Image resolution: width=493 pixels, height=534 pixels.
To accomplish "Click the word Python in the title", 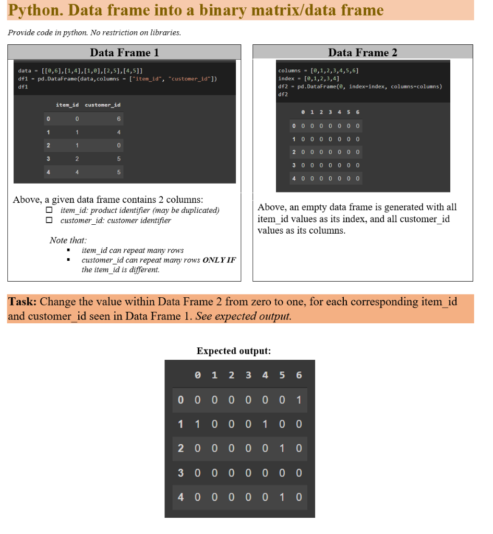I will click(32, 10).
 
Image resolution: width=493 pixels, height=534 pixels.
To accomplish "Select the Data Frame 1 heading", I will click(124, 52).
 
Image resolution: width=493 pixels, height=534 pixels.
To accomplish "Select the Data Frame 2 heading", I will click(363, 52).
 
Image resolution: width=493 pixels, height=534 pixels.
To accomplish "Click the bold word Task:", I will click(22, 302).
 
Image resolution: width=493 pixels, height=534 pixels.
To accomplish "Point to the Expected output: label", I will click(234, 351).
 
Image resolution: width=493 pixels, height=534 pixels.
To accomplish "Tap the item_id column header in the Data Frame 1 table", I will click(67, 105).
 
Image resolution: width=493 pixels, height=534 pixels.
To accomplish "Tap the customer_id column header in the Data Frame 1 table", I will click(103, 105).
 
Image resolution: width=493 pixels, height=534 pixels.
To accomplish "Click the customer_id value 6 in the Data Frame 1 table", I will click(119, 119).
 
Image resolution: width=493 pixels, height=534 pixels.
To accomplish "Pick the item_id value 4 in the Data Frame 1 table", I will click(77, 172).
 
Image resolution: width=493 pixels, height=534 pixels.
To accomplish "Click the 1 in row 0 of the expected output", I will click(298, 400).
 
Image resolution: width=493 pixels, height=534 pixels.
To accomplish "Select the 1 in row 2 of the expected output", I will click(282, 448).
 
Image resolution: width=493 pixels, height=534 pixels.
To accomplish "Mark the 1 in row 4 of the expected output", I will click(282, 497).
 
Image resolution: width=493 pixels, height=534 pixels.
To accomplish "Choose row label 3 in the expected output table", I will click(181, 473).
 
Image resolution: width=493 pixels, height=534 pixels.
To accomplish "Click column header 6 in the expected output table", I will click(298, 375).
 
